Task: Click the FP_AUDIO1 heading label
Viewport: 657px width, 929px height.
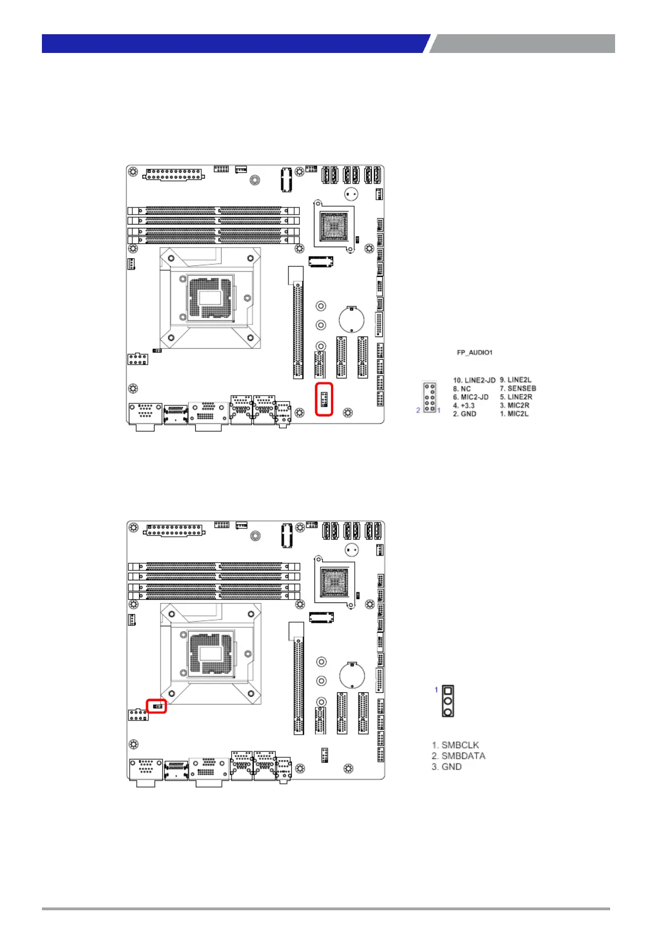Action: coord(474,353)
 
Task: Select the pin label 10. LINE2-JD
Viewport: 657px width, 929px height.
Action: coord(474,380)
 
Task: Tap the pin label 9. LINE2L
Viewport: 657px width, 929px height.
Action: coord(515,380)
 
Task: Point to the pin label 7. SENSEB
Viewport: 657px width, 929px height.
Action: coord(517,388)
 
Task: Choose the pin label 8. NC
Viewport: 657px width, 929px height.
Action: coord(462,389)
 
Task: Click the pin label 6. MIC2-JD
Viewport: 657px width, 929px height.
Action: coord(471,397)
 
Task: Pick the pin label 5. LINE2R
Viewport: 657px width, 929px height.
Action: coord(516,397)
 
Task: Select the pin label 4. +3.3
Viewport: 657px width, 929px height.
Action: coord(463,405)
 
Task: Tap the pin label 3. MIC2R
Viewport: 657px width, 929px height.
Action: coord(514,405)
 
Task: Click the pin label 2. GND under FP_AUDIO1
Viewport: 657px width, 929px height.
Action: coord(464,414)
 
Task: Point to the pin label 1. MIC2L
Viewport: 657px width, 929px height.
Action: coord(514,414)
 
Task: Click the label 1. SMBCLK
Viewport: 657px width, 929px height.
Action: coord(455,745)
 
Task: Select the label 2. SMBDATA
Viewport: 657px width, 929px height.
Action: coord(458,756)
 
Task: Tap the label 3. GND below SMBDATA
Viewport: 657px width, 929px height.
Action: coord(446,767)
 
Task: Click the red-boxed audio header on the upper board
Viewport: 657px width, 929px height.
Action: coord(324,398)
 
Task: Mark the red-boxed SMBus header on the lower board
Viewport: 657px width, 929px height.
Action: coord(157,706)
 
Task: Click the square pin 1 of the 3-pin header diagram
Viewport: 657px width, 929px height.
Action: coord(448,691)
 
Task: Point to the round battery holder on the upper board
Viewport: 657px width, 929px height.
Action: coord(351,318)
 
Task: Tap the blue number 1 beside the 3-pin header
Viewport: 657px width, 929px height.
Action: coord(436,690)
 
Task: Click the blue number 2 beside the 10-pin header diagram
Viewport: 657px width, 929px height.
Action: coord(418,410)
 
